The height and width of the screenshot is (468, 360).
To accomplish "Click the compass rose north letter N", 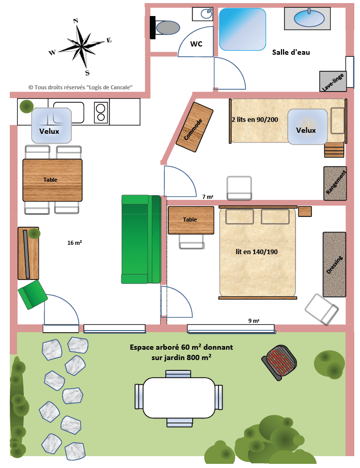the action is tap(75, 21).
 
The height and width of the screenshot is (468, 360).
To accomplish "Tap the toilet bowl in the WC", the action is tap(168, 28).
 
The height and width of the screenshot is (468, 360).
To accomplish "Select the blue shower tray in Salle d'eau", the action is tap(242, 29).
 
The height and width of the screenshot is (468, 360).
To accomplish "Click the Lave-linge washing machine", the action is tap(333, 81).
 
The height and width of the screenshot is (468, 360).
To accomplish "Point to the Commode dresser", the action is tap(194, 127).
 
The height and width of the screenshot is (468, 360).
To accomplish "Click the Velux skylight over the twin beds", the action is tap(307, 127).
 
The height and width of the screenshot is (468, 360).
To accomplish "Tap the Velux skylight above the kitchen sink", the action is tap(52, 126).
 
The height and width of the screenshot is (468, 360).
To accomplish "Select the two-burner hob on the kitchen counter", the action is tap(101, 113).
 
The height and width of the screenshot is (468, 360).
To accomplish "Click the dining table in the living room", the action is tap(53, 180).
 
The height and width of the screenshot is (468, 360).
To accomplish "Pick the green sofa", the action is tap(141, 239).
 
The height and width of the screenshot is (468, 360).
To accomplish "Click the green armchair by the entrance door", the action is tap(33, 294).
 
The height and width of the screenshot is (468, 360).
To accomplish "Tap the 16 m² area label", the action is tap(74, 243).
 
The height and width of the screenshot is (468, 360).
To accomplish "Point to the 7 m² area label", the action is tap(208, 197).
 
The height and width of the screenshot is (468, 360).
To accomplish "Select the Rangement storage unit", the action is tap(335, 183).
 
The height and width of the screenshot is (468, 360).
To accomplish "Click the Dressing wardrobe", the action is tap(334, 264).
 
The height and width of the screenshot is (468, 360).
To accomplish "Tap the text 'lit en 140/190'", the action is tap(257, 252).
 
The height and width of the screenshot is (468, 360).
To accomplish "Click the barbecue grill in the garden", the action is tap(279, 363).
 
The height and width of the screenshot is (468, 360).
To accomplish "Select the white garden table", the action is tap(179, 398).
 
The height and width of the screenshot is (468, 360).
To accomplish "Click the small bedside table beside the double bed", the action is tap(305, 211).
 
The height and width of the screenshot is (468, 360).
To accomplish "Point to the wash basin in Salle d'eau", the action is tap(309, 18).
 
